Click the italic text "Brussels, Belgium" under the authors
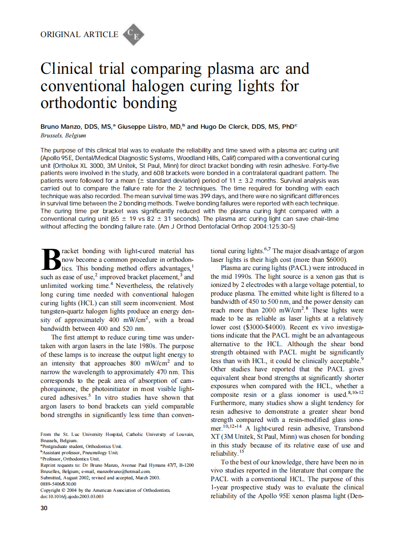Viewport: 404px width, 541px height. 63,136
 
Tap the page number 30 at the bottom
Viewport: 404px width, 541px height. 44,508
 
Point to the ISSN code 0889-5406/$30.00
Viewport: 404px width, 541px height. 58,484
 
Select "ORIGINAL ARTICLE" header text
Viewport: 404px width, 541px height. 79,34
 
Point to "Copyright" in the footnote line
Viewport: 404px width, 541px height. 51,490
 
